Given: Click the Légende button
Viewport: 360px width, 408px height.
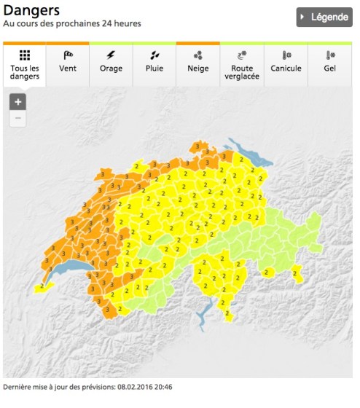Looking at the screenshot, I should pos(324,17).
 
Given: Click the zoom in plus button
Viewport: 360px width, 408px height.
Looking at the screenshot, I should pos(18,102).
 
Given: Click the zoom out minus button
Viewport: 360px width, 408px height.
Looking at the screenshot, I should pos(18,118).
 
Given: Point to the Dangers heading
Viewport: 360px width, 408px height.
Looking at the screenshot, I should pos(32,10).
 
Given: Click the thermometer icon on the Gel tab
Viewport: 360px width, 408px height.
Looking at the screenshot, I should pos(330,55).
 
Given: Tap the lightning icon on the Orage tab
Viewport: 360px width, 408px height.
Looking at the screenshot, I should pos(111,55).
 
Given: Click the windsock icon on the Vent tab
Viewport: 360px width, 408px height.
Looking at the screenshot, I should pos(68,55).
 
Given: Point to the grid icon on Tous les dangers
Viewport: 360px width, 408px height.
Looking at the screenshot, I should pos(24,55).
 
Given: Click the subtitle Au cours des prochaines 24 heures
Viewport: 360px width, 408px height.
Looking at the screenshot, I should pos(72,23).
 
